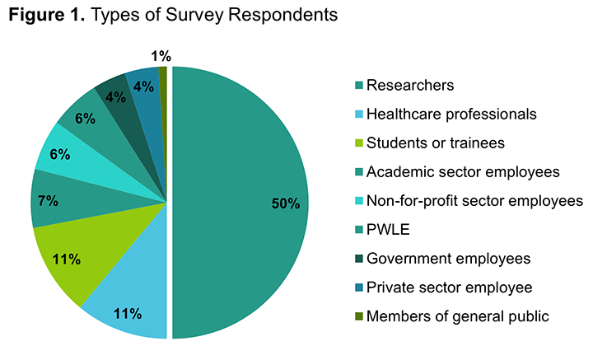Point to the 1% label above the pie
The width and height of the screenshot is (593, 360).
(x=161, y=56)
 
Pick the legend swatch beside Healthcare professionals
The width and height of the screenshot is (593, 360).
(x=357, y=114)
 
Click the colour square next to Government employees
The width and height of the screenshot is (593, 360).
(x=357, y=258)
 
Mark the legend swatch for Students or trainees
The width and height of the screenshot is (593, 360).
(x=357, y=143)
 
